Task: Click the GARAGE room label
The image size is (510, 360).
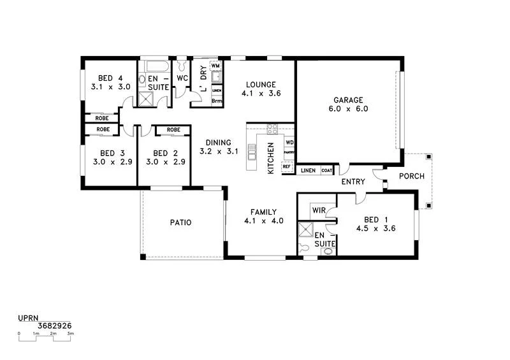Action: tap(347, 100)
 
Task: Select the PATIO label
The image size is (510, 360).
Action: tap(180, 222)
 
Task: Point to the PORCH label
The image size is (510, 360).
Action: tap(411, 176)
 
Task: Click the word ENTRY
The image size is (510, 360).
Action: tap(353, 182)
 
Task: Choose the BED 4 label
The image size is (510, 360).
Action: tap(110, 78)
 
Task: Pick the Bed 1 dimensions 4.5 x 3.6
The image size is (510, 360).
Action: tap(376, 228)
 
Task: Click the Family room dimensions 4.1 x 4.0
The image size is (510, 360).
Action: tap(263, 221)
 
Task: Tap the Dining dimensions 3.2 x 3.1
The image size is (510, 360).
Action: tap(218, 152)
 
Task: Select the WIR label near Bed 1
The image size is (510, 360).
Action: tap(319, 211)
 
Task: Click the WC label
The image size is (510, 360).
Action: tap(182, 78)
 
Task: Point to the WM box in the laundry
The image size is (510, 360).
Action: tap(215, 66)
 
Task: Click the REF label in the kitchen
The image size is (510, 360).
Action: tap(286, 166)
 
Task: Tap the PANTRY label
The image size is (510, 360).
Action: tap(289, 153)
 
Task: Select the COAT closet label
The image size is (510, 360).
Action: tap(326, 170)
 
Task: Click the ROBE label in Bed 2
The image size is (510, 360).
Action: tap(173, 130)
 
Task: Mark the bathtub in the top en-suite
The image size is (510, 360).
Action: tap(156, 66)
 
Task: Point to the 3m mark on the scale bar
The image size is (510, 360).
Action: tap(70, 333)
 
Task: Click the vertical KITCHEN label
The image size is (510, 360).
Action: tap(271, 158)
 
